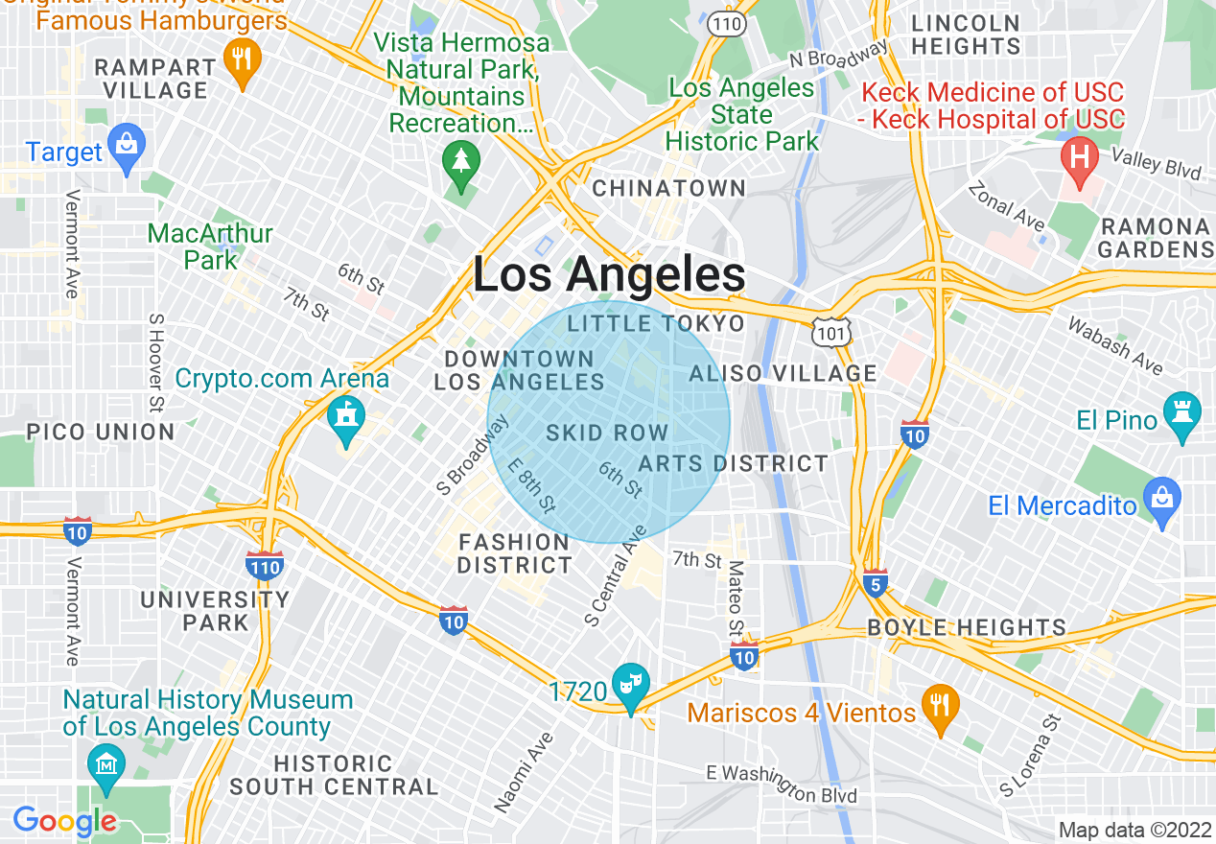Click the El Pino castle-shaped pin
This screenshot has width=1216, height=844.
[x=1181, y=414]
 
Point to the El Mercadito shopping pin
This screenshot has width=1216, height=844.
[x=1161, y=500]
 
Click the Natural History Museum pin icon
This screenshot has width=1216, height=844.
[x=105, y=765]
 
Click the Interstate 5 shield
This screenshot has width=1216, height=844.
[x=874, y=583]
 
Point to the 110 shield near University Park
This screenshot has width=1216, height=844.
[x=264, y=566]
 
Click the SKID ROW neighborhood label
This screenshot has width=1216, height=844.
[x=606, y=434]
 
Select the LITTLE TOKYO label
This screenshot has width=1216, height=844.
[x=656, y=323]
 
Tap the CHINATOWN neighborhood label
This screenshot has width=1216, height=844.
[x=668, y=188]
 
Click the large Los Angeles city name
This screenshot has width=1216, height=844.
[x=609, y=275]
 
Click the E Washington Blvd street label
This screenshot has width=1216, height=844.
[x=781, y=783]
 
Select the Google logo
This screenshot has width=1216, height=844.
[x=64, y=821]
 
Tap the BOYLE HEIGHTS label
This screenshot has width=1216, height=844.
[x=967, y=628]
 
